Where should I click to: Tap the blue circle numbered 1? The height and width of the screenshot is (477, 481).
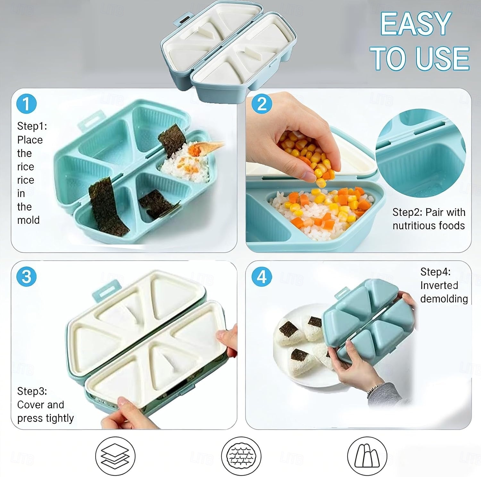click(26, 104)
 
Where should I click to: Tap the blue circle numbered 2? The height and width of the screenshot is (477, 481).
click(262, 104)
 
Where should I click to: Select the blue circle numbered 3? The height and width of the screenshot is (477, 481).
click(26, 276)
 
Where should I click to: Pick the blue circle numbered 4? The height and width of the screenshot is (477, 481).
click(262, 276)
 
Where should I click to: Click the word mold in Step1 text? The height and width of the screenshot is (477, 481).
click(28, 220)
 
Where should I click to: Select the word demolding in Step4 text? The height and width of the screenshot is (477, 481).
click(444, 299)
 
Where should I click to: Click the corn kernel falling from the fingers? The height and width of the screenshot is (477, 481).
click(321, 183)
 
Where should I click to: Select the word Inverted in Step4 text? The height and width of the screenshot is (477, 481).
click(439, 285)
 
